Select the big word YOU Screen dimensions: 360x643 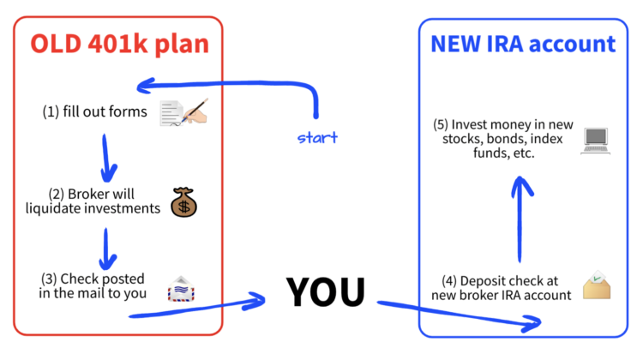click(325, 292)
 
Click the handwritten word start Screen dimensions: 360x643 click(317, 137)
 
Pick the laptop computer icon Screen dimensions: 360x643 click(595, 139)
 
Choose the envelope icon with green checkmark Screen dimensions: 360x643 click(597, 285)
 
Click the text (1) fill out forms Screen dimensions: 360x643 click(95, 112)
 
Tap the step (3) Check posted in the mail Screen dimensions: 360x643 click(93, 286)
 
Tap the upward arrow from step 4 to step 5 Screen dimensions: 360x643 click(520, 219)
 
